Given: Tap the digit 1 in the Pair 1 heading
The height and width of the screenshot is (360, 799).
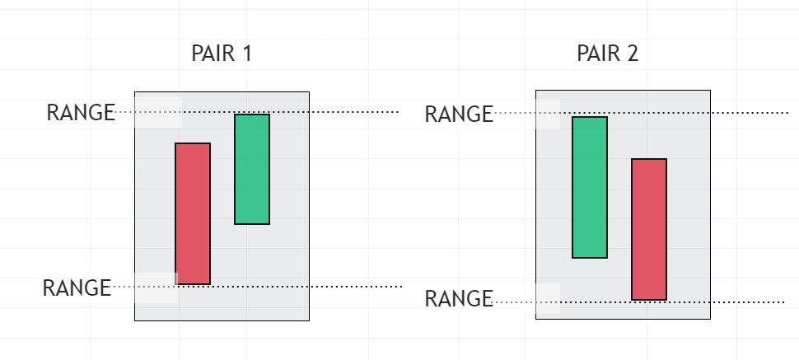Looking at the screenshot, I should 245,54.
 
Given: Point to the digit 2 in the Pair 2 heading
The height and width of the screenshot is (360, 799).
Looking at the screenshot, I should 632,54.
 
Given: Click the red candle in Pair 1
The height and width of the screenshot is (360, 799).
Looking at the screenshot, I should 193,214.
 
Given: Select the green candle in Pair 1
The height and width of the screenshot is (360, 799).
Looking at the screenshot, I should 252,169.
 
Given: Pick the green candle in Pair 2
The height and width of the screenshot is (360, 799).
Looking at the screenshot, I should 590,187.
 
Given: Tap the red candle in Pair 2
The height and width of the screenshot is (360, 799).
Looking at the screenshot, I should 649,229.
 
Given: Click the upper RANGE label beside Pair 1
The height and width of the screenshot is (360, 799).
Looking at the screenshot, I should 80,113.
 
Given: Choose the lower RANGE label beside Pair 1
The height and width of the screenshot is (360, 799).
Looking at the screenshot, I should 77,288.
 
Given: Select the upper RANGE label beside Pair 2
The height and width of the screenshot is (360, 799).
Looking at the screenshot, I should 458,115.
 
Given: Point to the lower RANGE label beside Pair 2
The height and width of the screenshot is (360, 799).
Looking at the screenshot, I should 458,298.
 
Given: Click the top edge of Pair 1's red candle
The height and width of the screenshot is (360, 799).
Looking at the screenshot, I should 193,143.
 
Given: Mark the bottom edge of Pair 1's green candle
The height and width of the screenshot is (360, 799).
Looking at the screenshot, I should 252,223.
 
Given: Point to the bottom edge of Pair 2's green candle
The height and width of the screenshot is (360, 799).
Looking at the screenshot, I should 590,258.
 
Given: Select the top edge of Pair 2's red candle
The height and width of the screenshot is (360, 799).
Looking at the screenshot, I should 649,159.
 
